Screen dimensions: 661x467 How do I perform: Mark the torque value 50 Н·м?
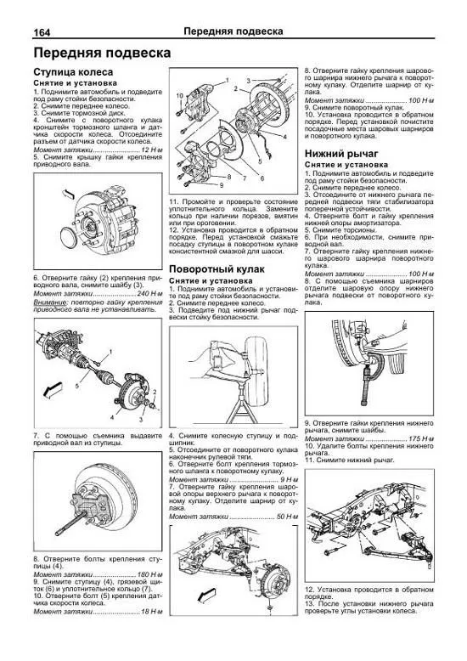click(281, 517)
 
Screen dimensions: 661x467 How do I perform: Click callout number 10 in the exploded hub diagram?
click(179, 97)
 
